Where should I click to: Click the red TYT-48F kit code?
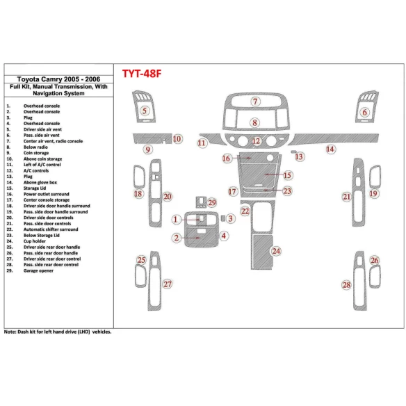149,74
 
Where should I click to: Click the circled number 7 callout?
255,102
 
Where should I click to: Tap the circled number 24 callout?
277,250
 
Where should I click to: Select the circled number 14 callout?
331,149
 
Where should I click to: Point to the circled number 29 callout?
212,202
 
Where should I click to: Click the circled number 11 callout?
202,143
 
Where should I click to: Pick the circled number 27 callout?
167,284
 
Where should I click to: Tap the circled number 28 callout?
346,285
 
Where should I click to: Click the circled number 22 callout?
245,210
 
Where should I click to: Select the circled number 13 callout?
300,157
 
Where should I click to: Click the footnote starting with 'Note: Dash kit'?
58,332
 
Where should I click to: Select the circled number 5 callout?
145,110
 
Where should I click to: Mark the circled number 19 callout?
373,193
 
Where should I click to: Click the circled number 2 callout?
177,238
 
